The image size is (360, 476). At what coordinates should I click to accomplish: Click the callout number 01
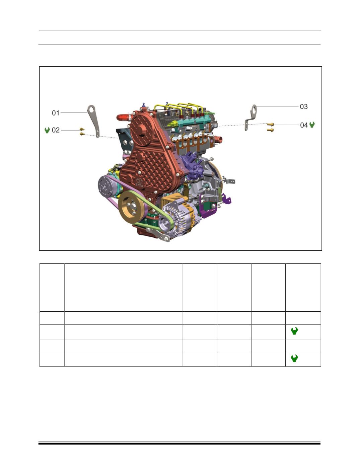pos(56,113)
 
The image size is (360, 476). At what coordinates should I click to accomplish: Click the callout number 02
pos(56,130)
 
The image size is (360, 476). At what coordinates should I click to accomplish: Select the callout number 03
pos(304,107)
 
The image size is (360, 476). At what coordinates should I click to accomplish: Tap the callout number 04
pos(304,125)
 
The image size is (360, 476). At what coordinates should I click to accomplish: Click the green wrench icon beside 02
pos(47,130)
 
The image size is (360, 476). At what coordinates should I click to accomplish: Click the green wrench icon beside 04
pos(312,125)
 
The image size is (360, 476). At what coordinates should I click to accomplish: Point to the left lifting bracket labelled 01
pos(94,121)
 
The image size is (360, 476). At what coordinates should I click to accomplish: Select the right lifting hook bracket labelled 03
pos(251,117)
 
